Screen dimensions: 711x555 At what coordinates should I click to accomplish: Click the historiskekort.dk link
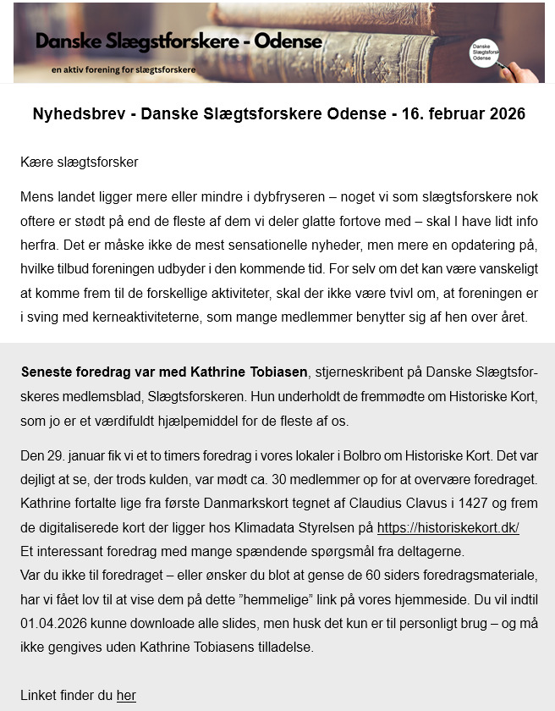tap(448, 527)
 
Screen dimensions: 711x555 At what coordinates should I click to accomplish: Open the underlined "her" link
tap(126, 695)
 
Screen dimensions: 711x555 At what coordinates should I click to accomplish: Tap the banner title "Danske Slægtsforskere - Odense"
tap(179, 41)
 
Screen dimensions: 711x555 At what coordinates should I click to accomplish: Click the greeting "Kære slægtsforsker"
tap(79, 162)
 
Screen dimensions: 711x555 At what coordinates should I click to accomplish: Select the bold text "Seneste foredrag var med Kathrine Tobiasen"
tap(164, 372)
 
